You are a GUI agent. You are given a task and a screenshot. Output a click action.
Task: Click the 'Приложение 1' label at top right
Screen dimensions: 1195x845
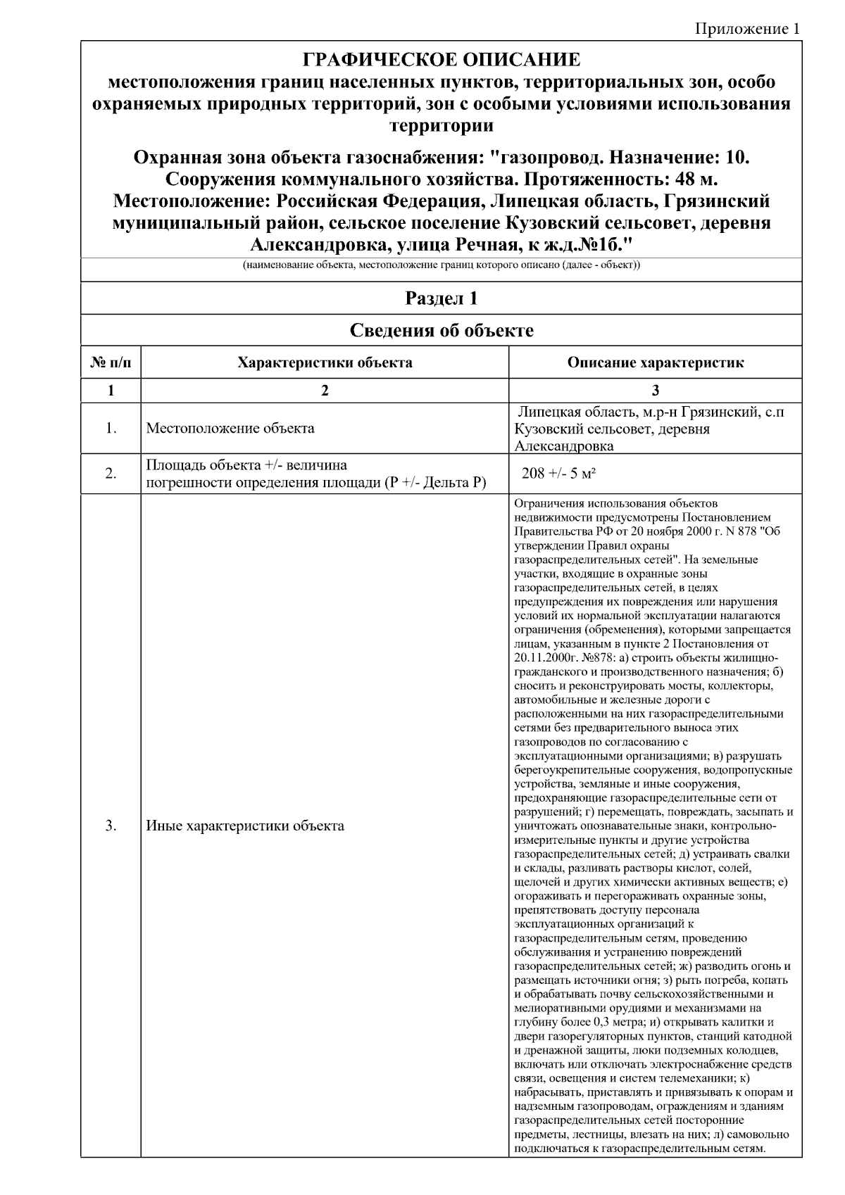pos(747,29)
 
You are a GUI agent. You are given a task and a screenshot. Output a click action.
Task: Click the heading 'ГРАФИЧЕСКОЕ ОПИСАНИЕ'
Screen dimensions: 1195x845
pos(442,60)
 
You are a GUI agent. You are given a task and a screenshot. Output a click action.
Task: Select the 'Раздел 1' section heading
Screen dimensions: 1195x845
pos(442,298)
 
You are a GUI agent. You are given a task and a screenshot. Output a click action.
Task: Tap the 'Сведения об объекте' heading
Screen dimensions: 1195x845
pos(442,330)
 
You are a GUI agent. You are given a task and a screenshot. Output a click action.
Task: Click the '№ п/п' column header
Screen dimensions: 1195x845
pos(111,363)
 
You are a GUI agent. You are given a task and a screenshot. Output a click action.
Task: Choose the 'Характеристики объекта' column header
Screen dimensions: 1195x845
pos(325,363)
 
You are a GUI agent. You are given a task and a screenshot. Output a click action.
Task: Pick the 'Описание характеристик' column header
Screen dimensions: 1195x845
pos(655,363)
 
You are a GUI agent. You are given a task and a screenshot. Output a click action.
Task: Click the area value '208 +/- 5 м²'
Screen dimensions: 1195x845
pos(558,474)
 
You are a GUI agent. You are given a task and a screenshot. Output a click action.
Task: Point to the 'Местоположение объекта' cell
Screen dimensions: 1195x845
pos(230,428)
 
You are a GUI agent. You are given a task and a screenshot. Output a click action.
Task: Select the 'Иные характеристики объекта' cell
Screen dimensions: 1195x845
pos(245,826)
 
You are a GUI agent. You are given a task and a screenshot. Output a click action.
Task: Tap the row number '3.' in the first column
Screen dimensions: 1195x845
pos(111,826)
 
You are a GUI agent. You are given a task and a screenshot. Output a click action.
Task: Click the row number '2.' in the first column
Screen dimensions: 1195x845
pos(111,474)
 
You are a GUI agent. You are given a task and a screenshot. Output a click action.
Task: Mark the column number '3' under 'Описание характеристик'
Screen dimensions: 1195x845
pos(655,391)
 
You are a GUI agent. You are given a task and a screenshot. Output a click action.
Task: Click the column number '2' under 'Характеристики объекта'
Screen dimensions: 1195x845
pos(325,391)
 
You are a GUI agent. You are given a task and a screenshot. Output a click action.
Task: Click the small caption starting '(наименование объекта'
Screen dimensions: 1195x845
pos(442,266)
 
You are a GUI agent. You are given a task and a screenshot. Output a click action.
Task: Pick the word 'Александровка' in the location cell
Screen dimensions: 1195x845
pos(564,446)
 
